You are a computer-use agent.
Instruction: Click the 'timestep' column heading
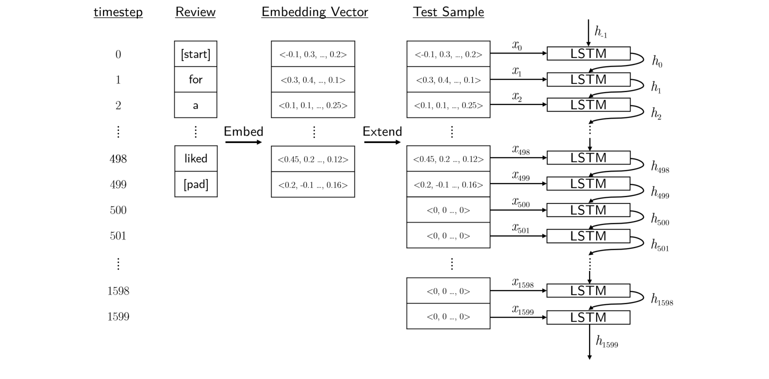[118, 12]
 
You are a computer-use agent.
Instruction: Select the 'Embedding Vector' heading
[314, 12]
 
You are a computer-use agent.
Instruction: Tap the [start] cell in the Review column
[195, 54]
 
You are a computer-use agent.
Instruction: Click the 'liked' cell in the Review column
[195, 158]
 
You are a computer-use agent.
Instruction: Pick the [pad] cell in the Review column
[195, 184]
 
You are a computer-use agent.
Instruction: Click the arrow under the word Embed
[243, 142]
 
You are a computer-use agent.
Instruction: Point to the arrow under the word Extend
[382, 142]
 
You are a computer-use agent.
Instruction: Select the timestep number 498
[118, 159]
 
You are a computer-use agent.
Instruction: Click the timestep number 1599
[118, 316]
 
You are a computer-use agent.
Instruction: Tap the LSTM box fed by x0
[588, 53]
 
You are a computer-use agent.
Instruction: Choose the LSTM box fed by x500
[588, 210]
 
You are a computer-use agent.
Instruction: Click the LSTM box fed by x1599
[588, 317]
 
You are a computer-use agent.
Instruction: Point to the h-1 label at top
[601, 32]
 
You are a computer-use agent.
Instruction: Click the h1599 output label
[607, 342]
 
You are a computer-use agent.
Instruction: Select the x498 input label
[521, 149]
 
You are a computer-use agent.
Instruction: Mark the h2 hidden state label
[656, 114]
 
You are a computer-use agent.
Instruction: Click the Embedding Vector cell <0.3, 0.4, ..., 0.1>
[313, 79]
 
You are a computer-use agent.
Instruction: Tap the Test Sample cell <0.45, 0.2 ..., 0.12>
[448, 159]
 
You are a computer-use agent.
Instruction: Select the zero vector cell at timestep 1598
[448, 291]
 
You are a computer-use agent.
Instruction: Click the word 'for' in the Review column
[195, 79]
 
